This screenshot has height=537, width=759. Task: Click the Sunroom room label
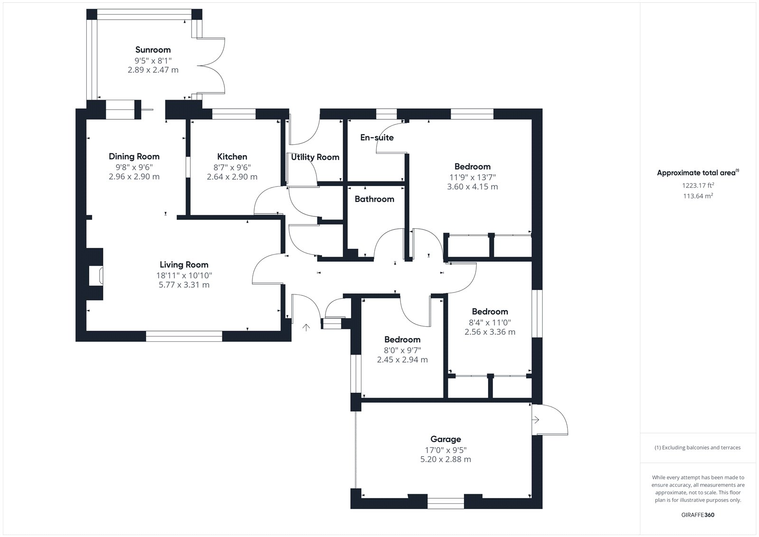(153, 50)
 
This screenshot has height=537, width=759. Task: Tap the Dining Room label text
(134, 156)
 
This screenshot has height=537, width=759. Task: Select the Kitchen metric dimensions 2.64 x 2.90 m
(232, 177)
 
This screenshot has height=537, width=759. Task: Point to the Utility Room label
(315, 157)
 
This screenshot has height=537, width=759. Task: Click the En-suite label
(377, 137)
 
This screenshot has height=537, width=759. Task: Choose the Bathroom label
(374, 199)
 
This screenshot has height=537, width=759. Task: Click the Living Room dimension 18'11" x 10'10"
(184, 275)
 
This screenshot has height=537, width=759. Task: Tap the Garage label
(445, 439)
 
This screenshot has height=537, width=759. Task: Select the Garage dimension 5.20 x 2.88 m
(445, 459)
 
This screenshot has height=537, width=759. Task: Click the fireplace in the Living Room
(96, 275)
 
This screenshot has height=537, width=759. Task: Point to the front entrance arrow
(306, 327)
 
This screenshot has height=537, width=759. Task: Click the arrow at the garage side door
(536, 420)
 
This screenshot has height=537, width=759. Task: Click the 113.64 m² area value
(698, 196)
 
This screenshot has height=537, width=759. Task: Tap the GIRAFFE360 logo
(698, 515)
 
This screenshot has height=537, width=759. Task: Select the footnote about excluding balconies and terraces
(698, 447)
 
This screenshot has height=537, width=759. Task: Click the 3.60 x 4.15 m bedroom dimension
(472, 187)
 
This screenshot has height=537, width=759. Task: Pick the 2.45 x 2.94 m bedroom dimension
(402, 359)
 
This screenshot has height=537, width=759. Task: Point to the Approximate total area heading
(698, 173)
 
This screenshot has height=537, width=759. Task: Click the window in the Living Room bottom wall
(184, 336)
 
